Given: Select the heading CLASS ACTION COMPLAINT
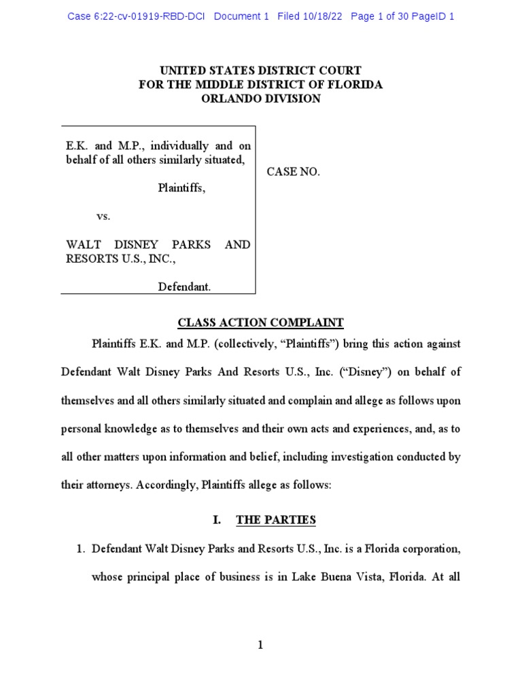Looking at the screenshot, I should coord(260,323).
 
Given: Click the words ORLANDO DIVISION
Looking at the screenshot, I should coord(260,98).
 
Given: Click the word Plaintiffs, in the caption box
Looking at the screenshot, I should coord(181,188).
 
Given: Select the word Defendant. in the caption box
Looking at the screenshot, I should coord(184,287).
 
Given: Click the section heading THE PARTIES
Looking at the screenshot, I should coord(276,521).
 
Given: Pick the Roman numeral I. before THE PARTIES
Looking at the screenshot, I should coord(216,521).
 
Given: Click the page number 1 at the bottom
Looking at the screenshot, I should coord(260,645).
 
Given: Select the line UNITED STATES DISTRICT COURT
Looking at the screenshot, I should coord(260,71).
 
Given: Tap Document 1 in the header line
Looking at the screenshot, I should coord(241,16).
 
